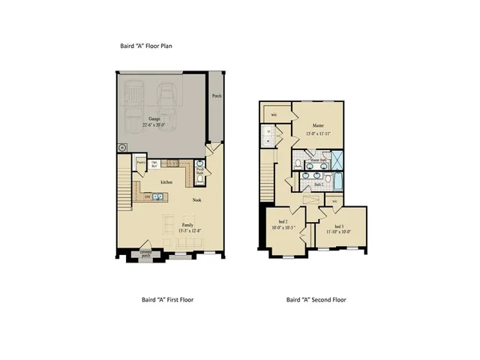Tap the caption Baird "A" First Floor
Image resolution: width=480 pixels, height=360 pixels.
click(x=168, y=299)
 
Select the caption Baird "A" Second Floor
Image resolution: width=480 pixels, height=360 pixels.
click(x=316, y=299)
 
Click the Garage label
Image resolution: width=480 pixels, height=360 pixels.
click(x=154, y=118)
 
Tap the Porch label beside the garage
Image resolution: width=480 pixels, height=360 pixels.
click(x=216, y=96)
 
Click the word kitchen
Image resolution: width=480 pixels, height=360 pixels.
click(x=166, y=181)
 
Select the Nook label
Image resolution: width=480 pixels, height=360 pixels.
click(x=196, y=199)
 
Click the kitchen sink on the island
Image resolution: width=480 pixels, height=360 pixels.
click(x=157, y=196)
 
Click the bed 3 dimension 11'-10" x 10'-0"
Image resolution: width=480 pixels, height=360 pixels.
click(x=338, y=232)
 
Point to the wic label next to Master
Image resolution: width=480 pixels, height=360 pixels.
click(x=274, y=114)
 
